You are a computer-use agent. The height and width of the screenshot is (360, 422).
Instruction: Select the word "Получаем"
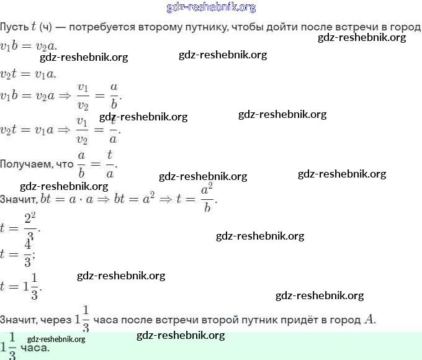point(28,164)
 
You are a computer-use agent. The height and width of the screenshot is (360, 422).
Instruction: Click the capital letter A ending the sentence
point(369,320)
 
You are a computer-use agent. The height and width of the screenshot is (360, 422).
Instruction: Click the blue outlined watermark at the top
point(211,7)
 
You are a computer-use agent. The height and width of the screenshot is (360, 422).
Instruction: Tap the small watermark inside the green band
point(56,340)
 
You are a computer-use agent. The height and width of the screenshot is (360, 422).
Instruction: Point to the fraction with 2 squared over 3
point(30,228)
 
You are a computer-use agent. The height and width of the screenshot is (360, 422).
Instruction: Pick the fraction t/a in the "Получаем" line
point(109,164)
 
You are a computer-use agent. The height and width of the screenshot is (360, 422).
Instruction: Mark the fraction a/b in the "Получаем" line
point(81,164)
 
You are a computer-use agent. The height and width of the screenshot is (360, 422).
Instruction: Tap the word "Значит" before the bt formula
point(18,199)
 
